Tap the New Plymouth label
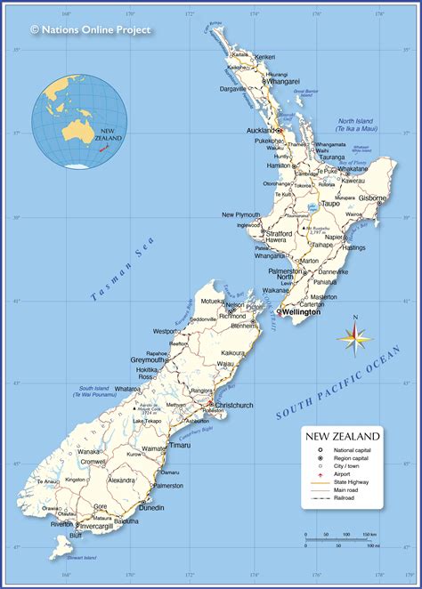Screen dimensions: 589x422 (x=241, y=214)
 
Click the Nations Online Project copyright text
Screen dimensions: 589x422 (x=91, y=29)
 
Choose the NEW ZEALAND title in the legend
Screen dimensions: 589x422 (x=343, y=436)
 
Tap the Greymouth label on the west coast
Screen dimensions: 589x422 (x=152, y=359)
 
